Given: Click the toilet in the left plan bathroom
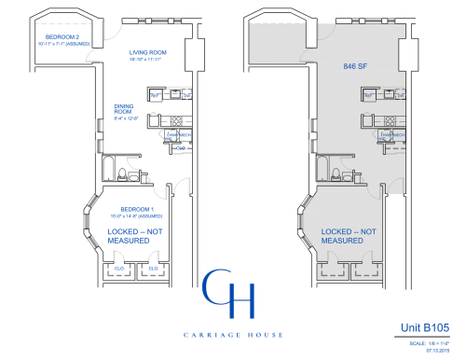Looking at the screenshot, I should [x=132, y=175].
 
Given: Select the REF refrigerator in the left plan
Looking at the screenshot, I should [x=156, y=95].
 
